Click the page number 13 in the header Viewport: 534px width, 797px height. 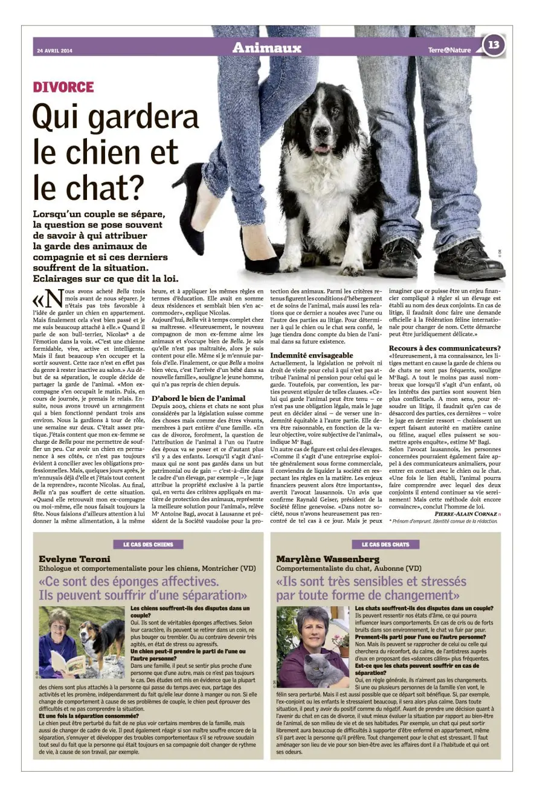[494, 45]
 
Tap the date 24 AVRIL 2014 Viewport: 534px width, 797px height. [54, 50]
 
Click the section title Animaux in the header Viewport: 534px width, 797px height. [266, 48]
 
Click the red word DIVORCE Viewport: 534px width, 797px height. [63, 87]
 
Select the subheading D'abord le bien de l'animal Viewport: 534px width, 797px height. [198, 398]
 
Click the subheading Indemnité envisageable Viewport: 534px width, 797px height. [312, 356]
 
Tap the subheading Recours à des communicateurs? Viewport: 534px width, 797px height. [445, 348]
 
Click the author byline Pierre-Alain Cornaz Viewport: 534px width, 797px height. [465, 513]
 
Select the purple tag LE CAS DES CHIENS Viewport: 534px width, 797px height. [147, 544]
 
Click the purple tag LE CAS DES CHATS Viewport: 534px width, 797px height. [385, 544]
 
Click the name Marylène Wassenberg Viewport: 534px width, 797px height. [329, 559]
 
